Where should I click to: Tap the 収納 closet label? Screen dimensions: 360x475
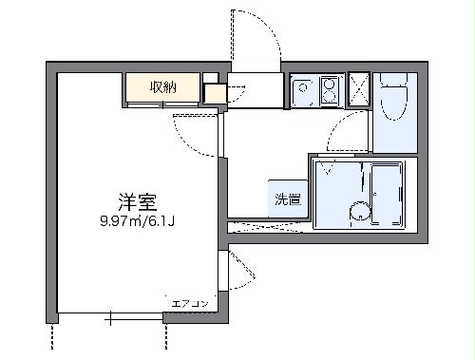[162, 87]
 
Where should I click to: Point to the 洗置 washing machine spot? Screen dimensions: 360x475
[288, 199]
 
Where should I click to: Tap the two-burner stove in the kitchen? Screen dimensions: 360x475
[330, 91]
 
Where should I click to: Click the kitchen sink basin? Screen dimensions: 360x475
[304, 91]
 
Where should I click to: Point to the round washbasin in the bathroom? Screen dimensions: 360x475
[359, 213]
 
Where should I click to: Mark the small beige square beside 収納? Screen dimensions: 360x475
[214, 93]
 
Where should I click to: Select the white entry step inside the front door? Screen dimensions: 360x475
[256, 90]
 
